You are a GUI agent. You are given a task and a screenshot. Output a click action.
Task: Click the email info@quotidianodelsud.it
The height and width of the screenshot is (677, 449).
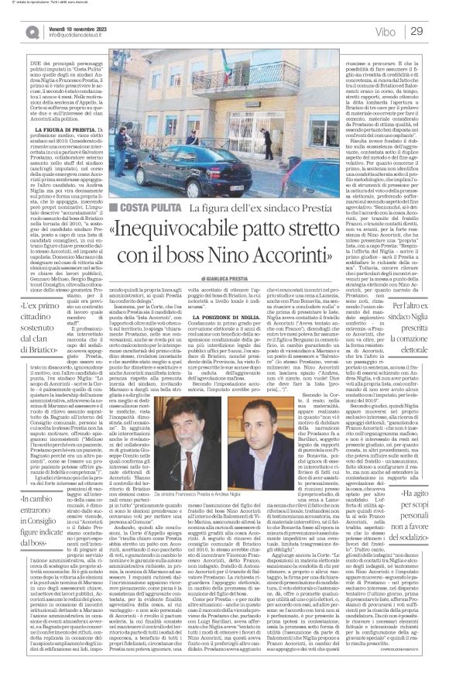[81, 35]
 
